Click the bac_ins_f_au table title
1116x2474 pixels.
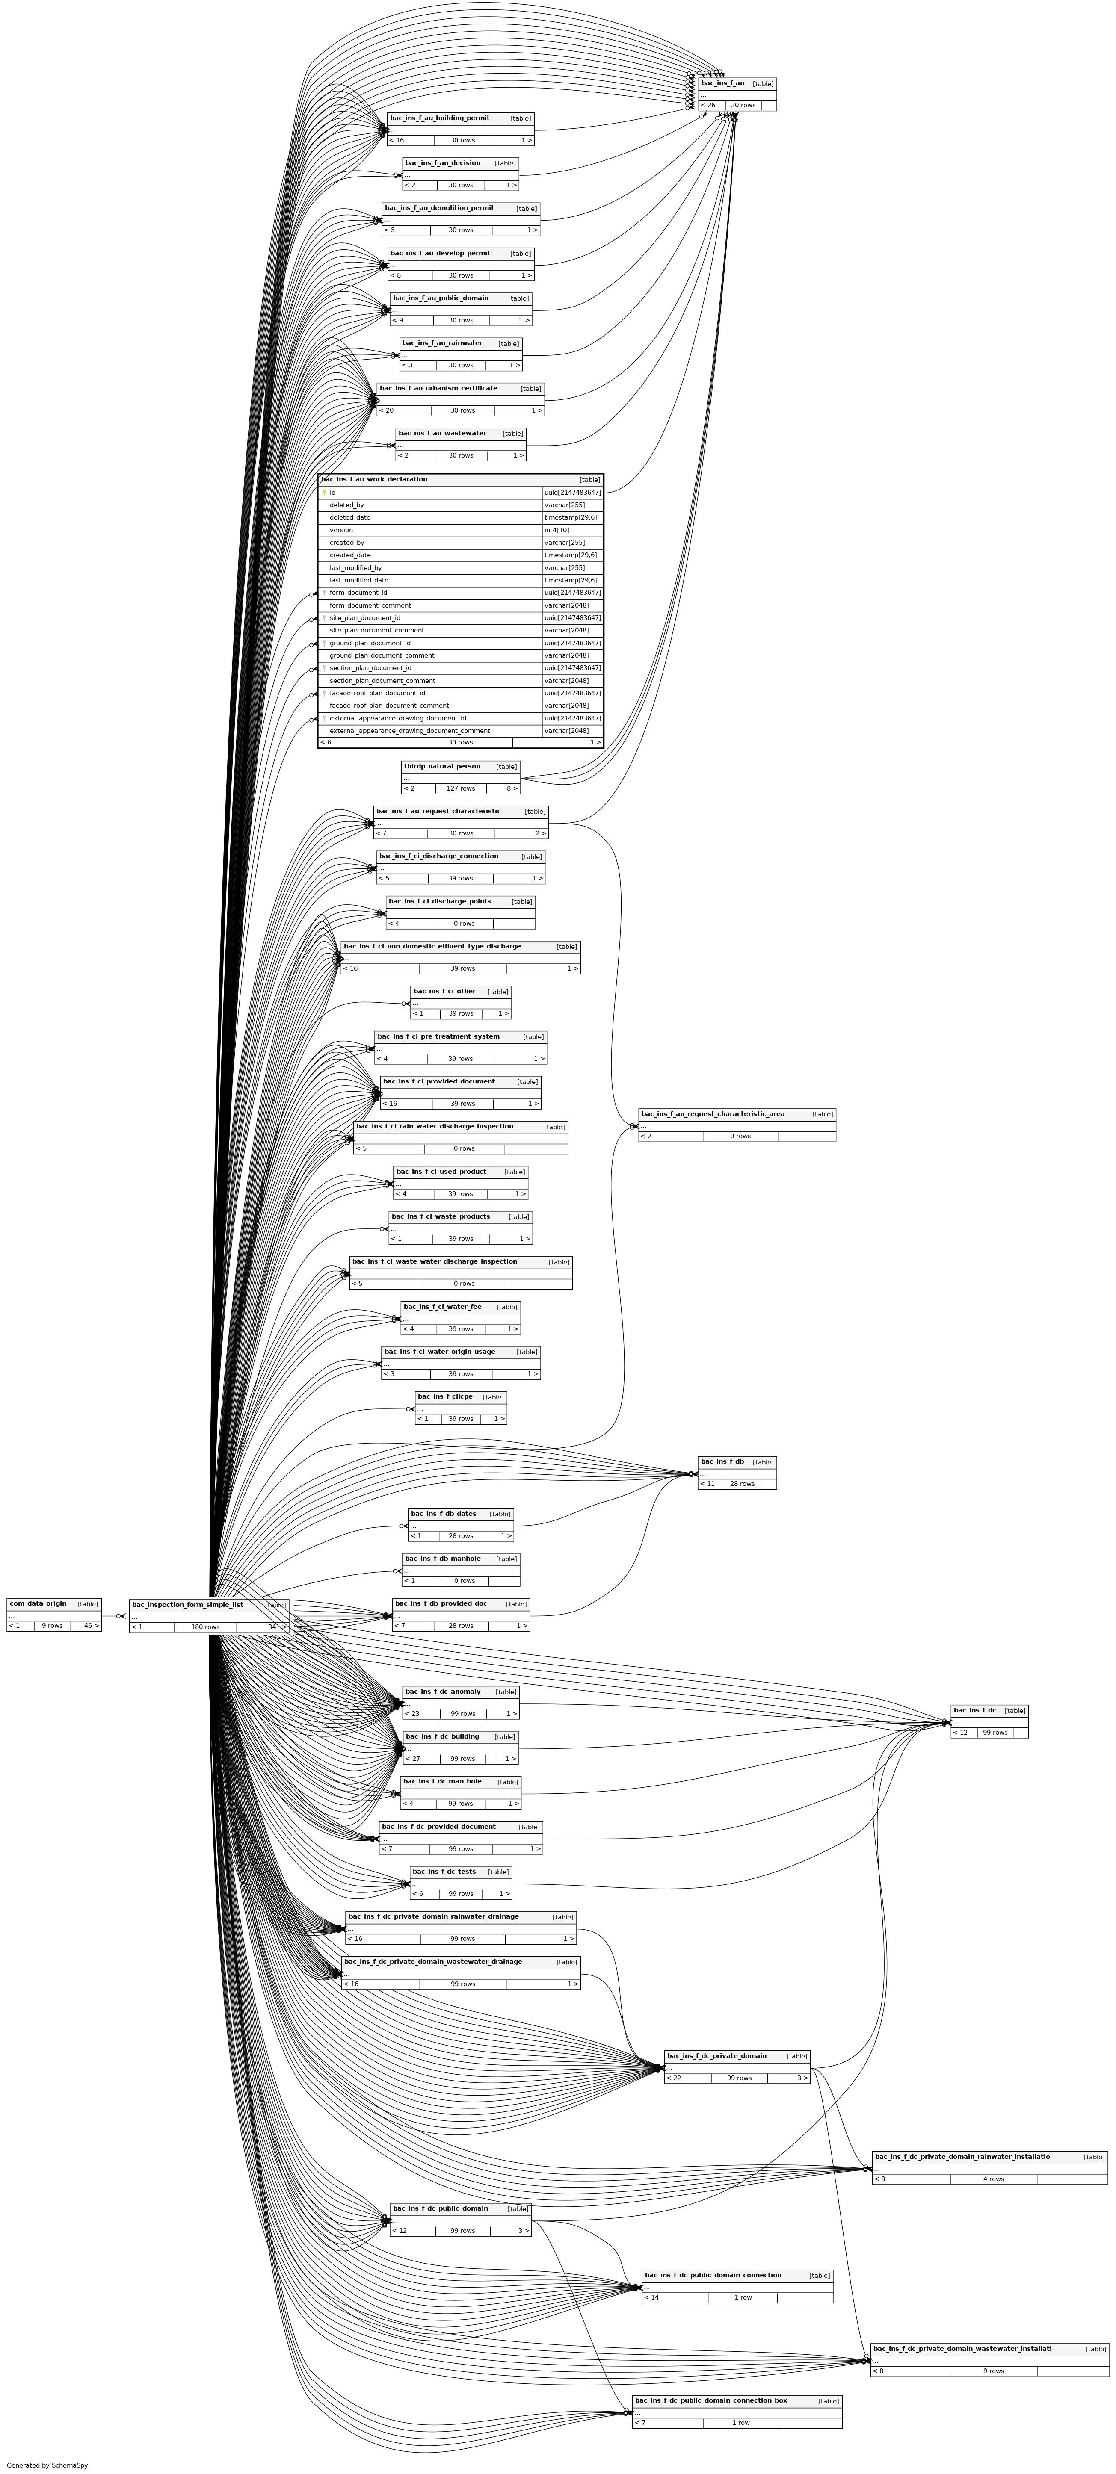pos(722,83)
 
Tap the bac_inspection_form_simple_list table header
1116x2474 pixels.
pos(187,1604)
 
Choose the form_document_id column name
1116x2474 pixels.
pos(358,593)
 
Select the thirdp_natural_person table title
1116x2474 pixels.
pos(442,766)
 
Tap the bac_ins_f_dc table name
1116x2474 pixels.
pos(974,1710)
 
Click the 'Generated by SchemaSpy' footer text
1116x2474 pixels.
pos(47,2465)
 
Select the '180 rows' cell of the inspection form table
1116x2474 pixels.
pos(204,1627)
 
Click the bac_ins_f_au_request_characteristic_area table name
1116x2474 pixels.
pos(713,1114)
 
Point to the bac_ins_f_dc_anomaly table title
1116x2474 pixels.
pos(443,1691)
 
